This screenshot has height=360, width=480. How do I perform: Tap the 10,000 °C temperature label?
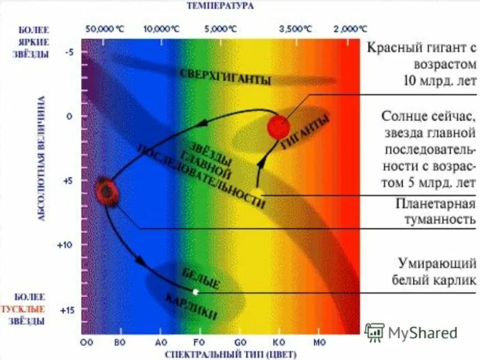coord(161,28)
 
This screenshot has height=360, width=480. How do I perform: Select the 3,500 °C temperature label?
coord(295,28)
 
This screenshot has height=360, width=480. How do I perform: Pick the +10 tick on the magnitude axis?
coord(65,245)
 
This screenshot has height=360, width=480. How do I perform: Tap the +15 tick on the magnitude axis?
coord(65,310)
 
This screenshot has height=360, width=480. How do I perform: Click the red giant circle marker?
coord(278,127)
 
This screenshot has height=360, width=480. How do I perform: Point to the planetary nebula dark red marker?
coord(107,191)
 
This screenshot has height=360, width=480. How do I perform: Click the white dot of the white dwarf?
coord(196,292)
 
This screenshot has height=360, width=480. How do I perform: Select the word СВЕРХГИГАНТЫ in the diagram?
coord(225,77)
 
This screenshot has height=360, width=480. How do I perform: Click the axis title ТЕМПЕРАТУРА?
coord(220,6)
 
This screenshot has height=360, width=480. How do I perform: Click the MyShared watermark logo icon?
coord(374,332)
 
